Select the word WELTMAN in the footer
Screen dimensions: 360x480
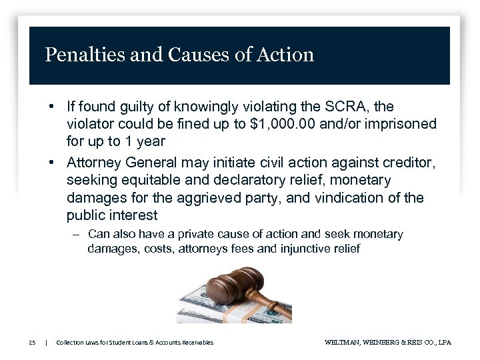pos(344,343)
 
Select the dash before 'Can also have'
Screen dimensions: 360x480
pos(77,234)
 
